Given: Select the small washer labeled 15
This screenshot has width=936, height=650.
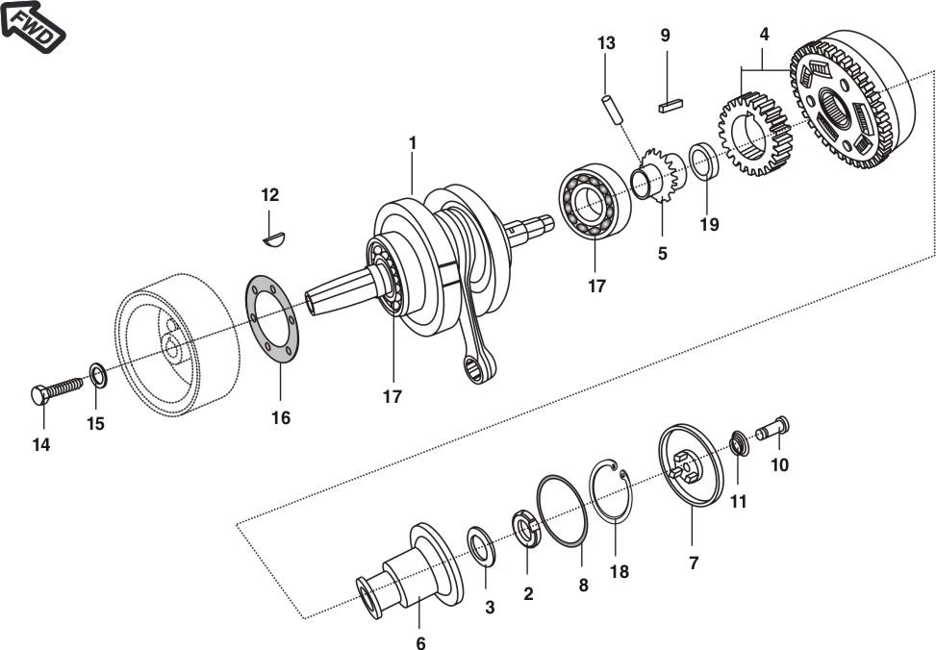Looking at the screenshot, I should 98,371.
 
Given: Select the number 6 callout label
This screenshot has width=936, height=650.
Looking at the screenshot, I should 420,643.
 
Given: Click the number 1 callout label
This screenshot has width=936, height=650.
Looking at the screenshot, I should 412,142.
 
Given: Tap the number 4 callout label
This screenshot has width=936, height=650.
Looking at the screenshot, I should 764,34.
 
